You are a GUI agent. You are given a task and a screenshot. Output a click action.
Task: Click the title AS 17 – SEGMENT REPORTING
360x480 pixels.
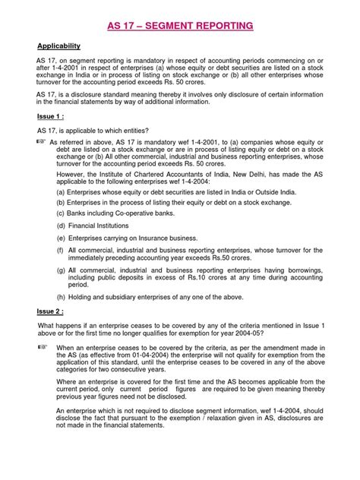click(180, 29)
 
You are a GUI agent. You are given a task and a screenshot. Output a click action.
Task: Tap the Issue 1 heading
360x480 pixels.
click(55, 118)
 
